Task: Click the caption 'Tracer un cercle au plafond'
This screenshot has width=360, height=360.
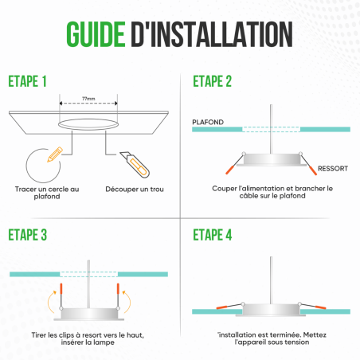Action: (47, 194)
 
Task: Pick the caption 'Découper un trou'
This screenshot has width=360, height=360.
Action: (135, 190)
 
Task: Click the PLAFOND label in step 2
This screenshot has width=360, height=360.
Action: (207, 122)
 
